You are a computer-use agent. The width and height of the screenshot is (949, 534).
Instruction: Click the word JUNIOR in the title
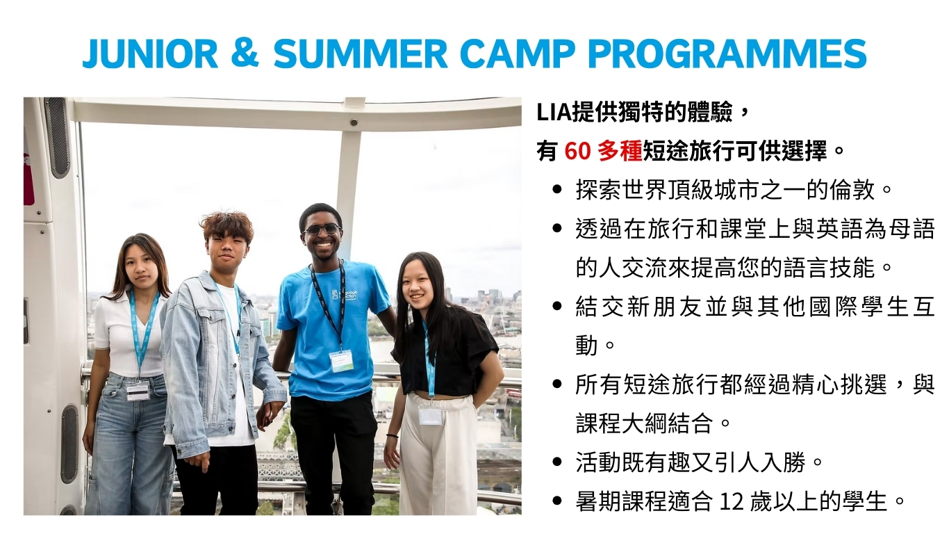(x=150, y=54)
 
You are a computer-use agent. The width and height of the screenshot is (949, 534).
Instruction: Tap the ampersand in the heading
(x=245, y=54)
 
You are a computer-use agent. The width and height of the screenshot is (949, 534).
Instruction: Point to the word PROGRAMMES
(x=727, y=54)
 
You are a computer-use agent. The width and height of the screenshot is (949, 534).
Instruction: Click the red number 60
(x=577, y=151)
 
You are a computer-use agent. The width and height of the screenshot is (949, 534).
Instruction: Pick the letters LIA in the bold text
(x=554, y=113)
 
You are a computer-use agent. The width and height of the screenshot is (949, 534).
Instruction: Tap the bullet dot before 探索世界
(x=557, y=189)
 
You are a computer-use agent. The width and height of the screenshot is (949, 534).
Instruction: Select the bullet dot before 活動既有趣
(x=557, y=462)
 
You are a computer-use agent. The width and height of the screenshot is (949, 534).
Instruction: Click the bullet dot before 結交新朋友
(x=557, y=306)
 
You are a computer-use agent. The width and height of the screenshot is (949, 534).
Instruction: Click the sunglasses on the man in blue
(x=322, y=229)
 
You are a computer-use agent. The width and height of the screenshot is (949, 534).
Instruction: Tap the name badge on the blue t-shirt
(x=340, y=361)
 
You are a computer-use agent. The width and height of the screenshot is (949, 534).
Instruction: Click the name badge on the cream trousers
(x=430, y=415)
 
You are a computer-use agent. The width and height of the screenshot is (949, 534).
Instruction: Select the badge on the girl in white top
(x=138, y=391)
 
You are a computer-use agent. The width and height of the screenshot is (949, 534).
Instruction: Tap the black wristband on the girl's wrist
(x=392, y=435)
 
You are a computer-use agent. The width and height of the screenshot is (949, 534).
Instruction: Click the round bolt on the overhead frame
(x=354, y=122)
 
